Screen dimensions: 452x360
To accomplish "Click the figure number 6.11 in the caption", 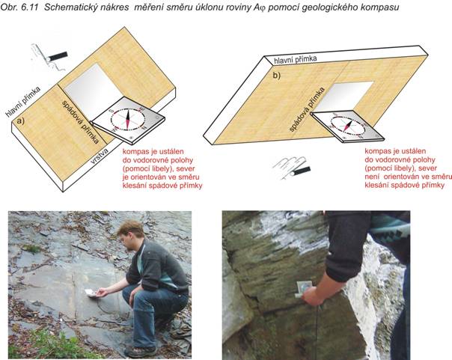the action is click(x=30, y=7).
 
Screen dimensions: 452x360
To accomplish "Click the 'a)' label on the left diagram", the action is click(x=20, y=121).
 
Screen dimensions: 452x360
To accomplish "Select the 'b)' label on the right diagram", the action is click(x=277, y=76).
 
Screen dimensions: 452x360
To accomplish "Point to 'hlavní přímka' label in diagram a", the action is click(x=23, y=102).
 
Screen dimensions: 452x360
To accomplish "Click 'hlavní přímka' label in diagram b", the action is click(x=295, y=59).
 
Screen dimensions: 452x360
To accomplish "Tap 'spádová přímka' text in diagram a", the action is click(x=81, y=122).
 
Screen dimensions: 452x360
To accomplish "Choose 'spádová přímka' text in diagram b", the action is click(x=307, y=109).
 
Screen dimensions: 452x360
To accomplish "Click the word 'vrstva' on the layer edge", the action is click(x=100, y=156).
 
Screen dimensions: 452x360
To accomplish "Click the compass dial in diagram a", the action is click(x=127, y=119).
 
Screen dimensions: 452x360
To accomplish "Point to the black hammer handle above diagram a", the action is click(x=58, y=56).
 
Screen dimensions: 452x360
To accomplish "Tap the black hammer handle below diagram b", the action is click(x=301, y=171).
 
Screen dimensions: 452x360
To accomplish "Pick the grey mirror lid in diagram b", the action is click(x=343, y=97).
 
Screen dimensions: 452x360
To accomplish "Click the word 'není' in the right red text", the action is click(x=373, y=177).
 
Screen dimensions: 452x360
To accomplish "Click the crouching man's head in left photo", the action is click(x=131, y=233).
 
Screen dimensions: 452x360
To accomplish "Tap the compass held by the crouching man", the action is click(x=91, y=293).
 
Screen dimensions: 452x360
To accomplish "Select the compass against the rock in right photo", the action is click(x=304, y=288).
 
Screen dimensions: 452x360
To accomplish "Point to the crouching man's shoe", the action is click(x=140, y=352).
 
